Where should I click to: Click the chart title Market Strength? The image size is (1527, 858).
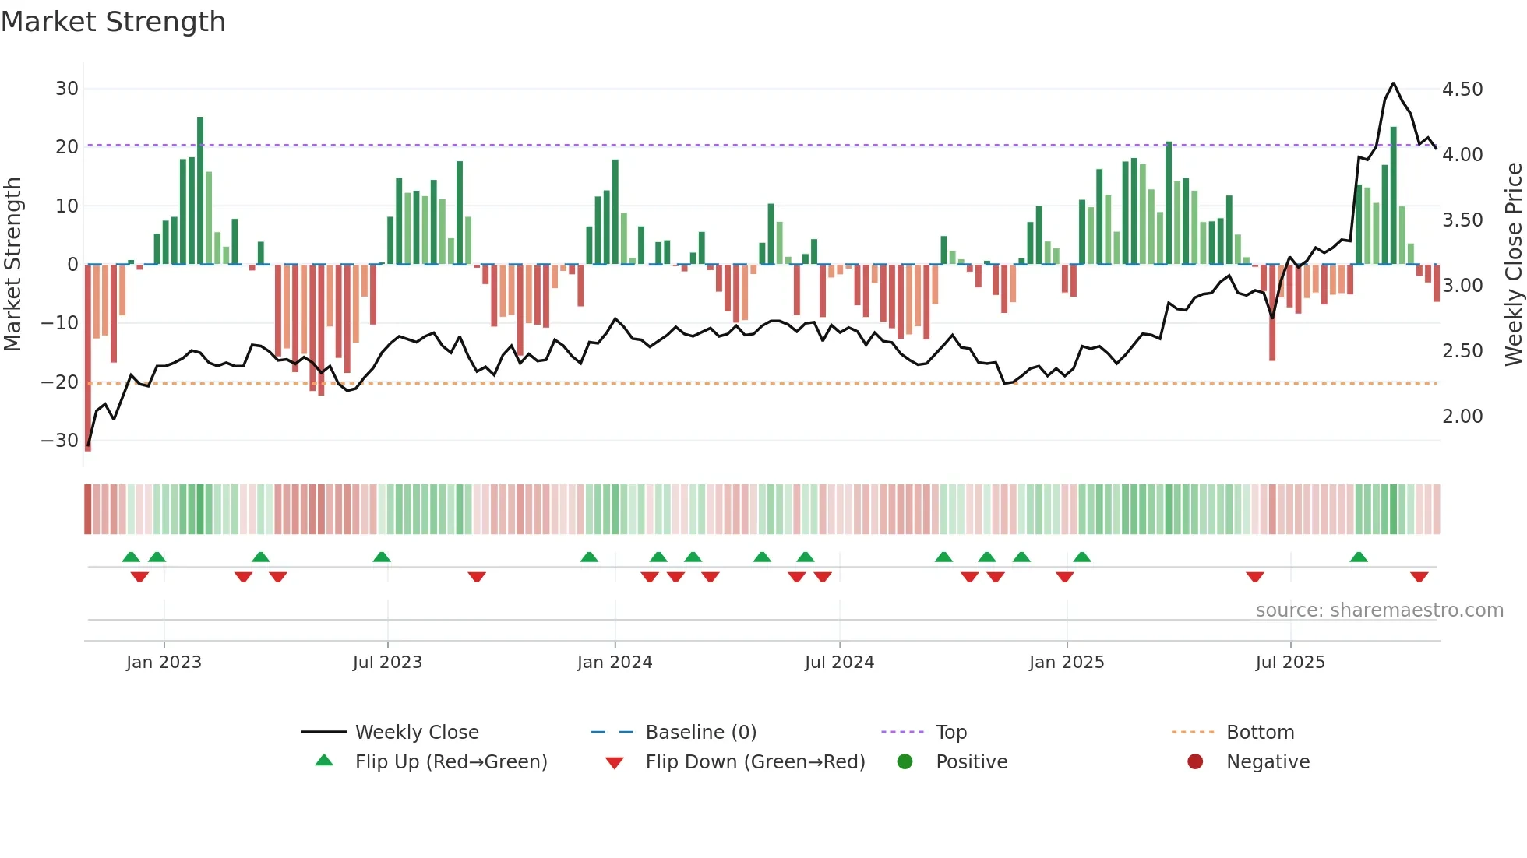click(x=113, y=22)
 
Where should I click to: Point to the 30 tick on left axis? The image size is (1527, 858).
click(x=67, y=89)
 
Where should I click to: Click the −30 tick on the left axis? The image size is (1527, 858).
click(x=60, y=441)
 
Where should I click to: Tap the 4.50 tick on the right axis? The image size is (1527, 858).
click(x=1462, y=90)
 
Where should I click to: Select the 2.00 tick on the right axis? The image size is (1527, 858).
click(x=1462, y=417)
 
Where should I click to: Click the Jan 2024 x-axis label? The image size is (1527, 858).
click(x=614, y=663)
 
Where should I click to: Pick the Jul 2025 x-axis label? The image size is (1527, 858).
click(x=1289, y=663)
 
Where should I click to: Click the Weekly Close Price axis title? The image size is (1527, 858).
click(x=1513, y=265)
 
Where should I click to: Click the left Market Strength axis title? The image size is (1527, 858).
click(x=12, y=265)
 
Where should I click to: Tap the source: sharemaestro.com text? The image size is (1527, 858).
click(x=1379, y=610)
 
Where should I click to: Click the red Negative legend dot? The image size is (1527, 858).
click(x=1195, y=762)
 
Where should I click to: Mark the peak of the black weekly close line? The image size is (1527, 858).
click(x=1393, y=83)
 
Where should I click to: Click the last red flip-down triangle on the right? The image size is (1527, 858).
click(x=1419, y=577)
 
